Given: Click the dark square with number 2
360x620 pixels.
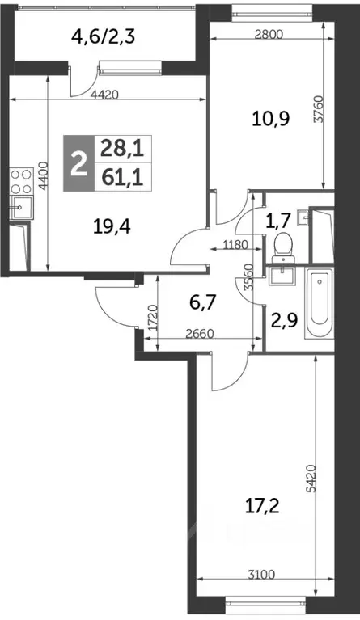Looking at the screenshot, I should click(78, 164).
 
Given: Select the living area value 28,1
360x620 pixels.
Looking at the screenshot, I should click(116, 148).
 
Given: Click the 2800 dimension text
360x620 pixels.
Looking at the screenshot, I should click(248, 36).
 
